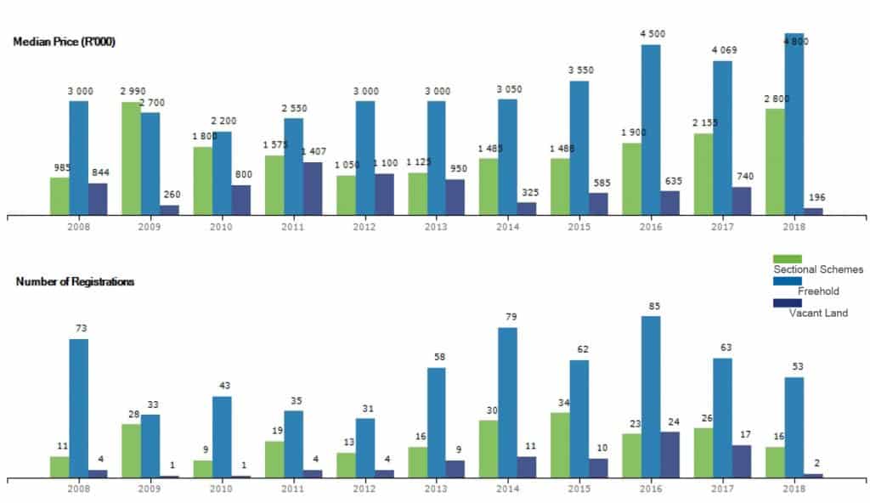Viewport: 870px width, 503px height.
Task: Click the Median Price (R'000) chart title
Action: pyautogui.click(x=65, y=42)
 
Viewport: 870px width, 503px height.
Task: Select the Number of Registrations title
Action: pyautogui.click(x=75, y=281)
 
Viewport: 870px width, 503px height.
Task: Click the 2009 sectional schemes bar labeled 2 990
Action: pyautogui.click(x=131, y=158)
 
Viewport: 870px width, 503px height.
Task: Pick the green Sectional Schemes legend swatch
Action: pyautogui.click(x=787, y=258)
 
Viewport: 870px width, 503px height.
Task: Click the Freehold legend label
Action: pyautogui.click(x=818, y=291)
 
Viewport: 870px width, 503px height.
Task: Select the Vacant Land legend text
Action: pyautogui.click(x=818, y=313)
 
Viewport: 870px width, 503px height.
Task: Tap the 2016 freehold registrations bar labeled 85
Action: pyautogui.click(x=651, y=396)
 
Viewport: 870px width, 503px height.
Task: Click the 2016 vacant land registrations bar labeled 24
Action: pyautogui.click(x=670, y=455)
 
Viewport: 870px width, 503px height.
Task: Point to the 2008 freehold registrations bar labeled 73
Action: pyautogui.click(x=79, y=408)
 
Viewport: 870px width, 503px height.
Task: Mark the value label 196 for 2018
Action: pyautogui.click(x=816, y=198)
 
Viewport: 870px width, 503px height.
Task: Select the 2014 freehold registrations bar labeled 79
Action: pyautogui.click(x=508, y=402)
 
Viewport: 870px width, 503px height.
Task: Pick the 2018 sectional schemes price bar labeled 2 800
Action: pyautogui.click(x=775, y=161)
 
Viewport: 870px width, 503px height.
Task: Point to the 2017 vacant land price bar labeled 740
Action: pyautogui.click(x=742, y=201)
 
